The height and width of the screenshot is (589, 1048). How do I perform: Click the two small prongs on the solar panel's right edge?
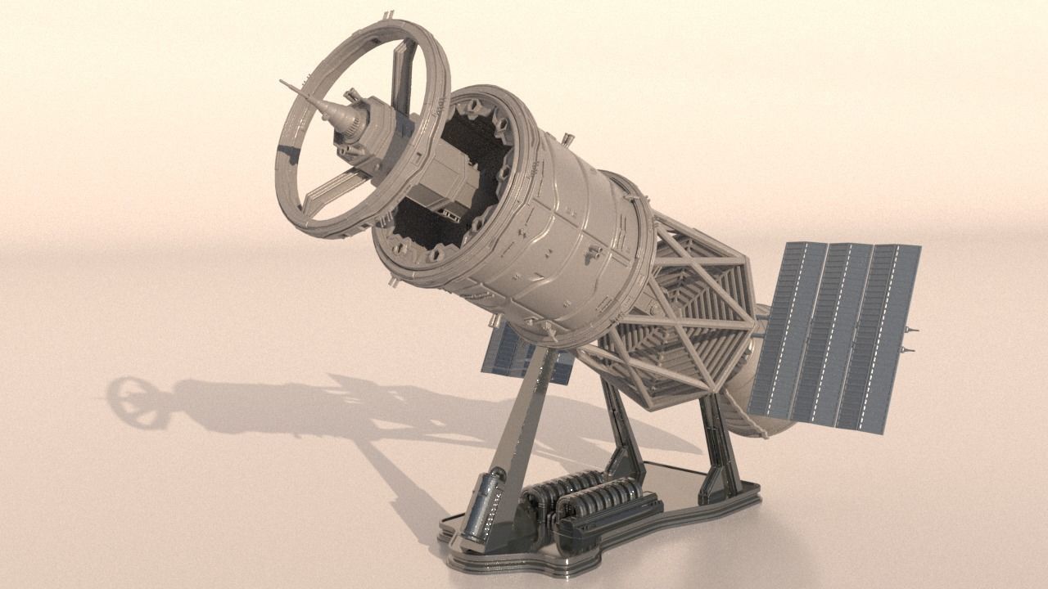click(x=909, y=339)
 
